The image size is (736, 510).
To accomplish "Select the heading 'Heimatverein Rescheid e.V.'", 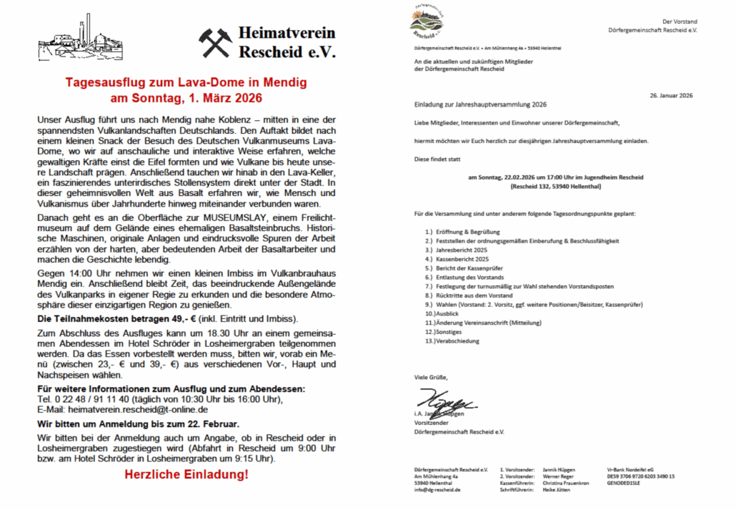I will click(x=287, y=43).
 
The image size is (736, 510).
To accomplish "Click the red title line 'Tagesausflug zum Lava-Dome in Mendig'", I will click(x=187, y=83).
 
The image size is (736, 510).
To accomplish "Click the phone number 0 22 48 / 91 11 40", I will click(x=85, y=399).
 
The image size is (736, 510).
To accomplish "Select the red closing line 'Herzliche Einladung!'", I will click(x=187, y=475).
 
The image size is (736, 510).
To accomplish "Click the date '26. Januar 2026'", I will click(x=671, y=95).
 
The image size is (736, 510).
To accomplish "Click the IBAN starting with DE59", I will click(x=640, y=476).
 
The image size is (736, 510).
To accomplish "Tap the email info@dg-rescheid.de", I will click(x=437, y=490).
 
